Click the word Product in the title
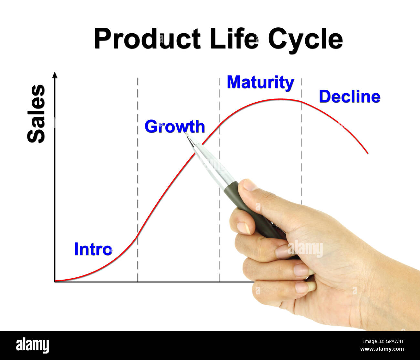click(x=147, y=39)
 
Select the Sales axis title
click(x=36, y=114)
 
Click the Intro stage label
click(x=93, y=249)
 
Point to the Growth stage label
click(x=174, y=126)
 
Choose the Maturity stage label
click(x=260, y=82)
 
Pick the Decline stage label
click(x=350, y=97)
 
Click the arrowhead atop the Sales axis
click(x=55, y=75)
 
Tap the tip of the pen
click(x=186, y=134)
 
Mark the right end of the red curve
click(x=368, y=153)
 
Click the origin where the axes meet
click(x=55, y=282)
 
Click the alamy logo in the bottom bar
click(x=32, y=345)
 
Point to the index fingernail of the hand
click(x=243, y=227)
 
